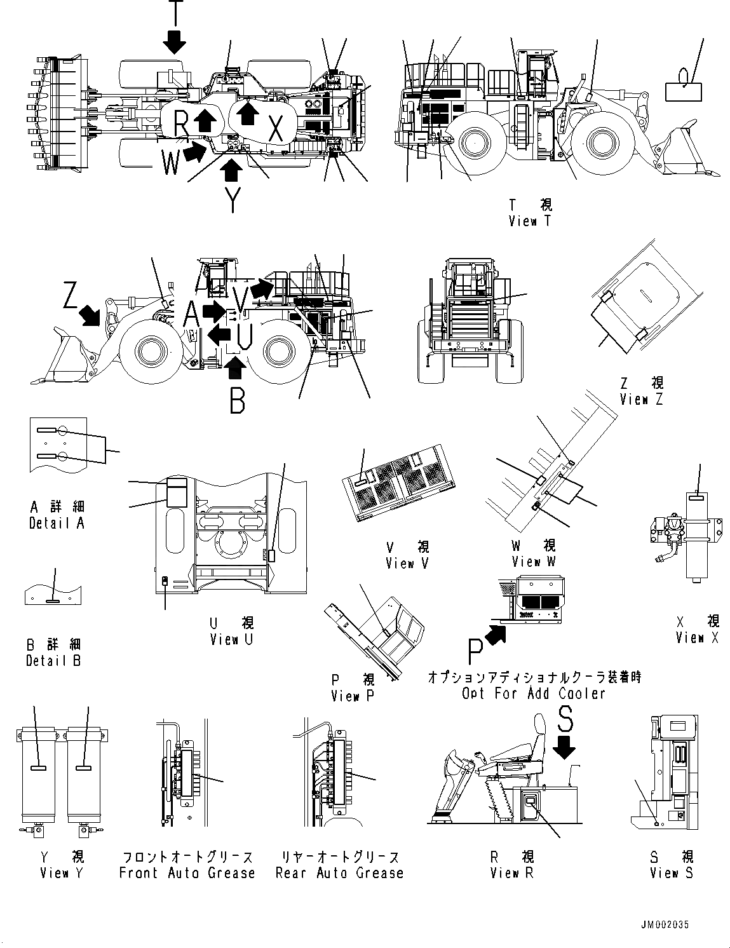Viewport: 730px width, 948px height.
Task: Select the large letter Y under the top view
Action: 233,200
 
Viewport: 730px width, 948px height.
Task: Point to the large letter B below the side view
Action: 237,400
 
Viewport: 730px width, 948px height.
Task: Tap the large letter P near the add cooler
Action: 475,653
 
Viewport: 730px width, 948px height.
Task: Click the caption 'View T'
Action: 531,221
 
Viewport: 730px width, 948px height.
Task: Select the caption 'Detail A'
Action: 57,523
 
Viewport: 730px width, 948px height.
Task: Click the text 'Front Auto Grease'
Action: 187,873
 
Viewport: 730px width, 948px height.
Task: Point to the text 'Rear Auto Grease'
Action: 339,873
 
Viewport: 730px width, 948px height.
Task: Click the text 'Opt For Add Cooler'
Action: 534,693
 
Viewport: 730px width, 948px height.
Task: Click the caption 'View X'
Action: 697,637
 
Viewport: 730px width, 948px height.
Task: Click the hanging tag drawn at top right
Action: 683,88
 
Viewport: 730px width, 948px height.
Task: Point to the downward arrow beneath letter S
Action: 564,750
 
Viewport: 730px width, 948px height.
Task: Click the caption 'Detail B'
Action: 53,660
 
